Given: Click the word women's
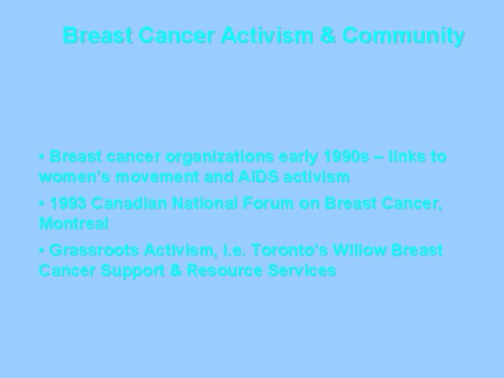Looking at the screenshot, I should click(72, 177).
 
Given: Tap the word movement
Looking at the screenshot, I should click(148, 177).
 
